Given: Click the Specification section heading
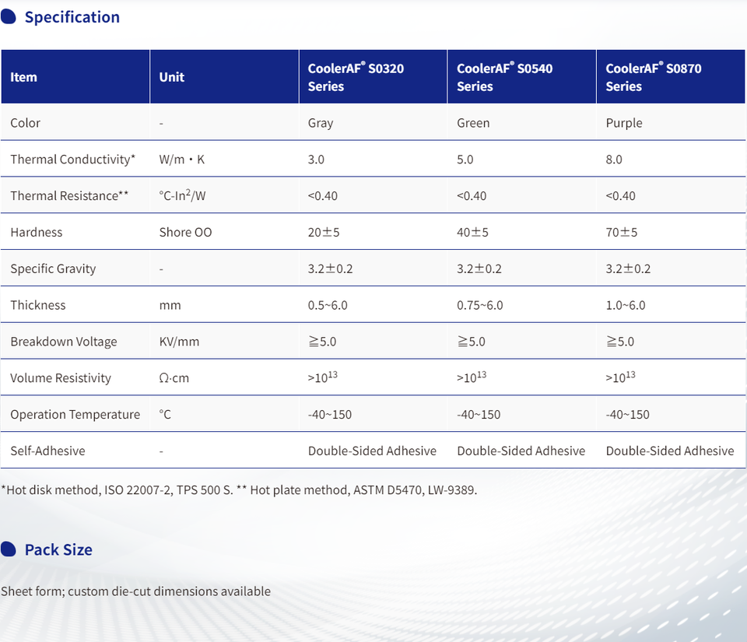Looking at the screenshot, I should [x=72, y=17].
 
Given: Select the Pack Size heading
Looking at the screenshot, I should [x=58, y=549].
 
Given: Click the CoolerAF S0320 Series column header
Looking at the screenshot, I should [x=356, y=77].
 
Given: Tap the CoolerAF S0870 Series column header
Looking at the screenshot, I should [x=654, y=77].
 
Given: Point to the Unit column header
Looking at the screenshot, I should [x=172, y=77].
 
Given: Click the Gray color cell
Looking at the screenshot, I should [x=321, y=123].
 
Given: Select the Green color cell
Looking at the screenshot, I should [x=473, y=123].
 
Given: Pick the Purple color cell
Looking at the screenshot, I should [x=624, y=123].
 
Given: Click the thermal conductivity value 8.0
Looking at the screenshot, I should [x=614, y=160].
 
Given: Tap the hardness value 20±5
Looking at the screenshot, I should [x=324, y=232].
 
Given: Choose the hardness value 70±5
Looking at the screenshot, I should [x=622, y=232].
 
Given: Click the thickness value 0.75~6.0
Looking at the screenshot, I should [x=480, y=305].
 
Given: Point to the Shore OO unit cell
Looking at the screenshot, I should [x=185, y=232].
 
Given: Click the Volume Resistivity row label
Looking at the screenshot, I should [x=61, y=378].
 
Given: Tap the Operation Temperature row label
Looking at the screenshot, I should [x=75, y=415].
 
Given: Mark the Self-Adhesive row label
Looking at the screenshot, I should [x=47, y=451].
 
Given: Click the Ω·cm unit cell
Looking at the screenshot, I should [x=174, y=378].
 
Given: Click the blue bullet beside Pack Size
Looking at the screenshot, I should [x=9, y=549].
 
